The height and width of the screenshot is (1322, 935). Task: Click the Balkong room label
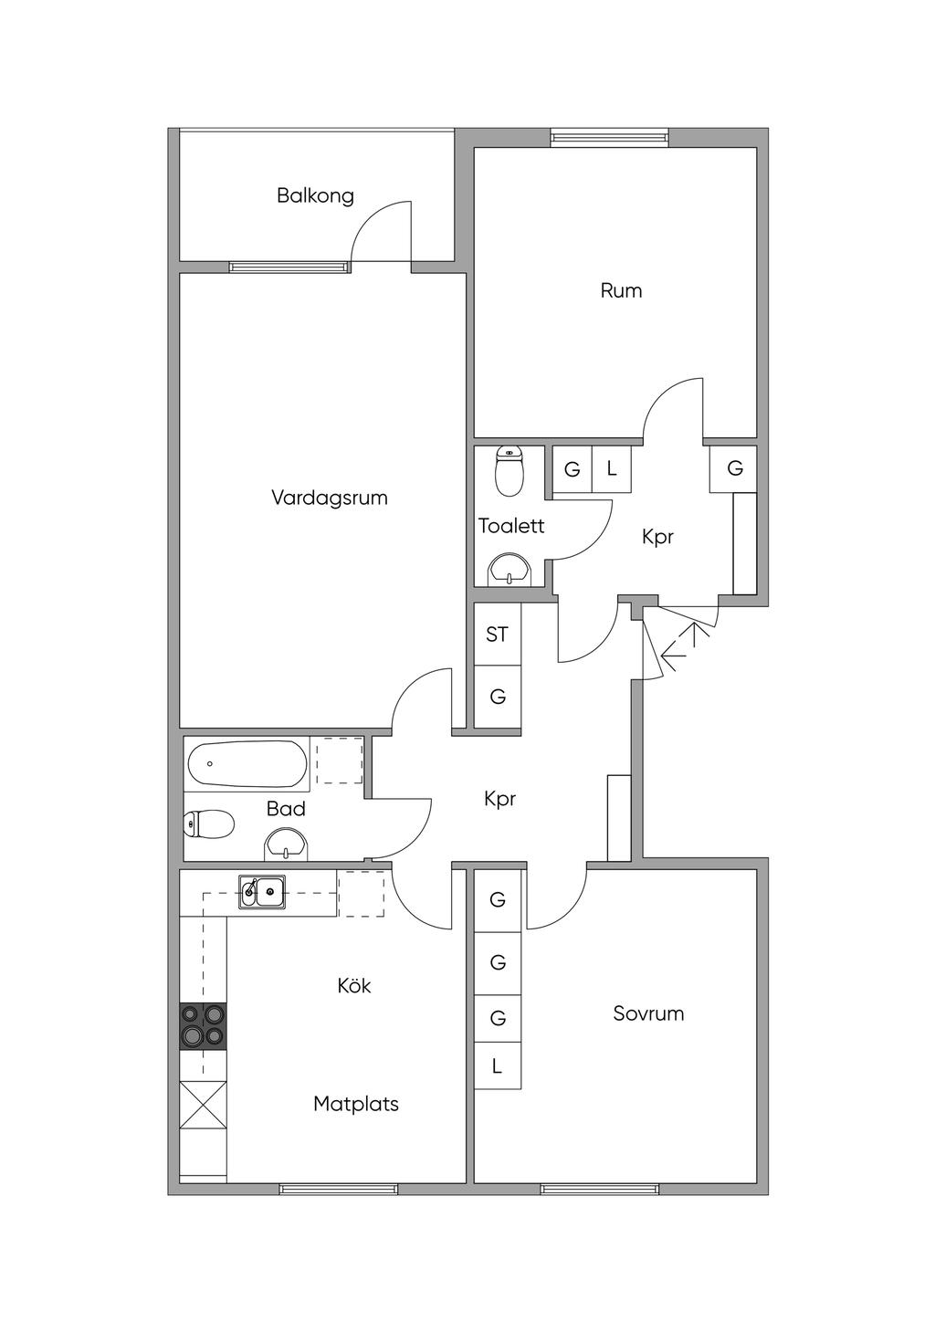pos(315,195)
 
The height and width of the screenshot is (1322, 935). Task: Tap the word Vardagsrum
pos(329,498)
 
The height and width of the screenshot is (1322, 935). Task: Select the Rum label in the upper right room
pos(621,290)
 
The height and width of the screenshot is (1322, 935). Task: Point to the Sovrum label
pos(648,1013)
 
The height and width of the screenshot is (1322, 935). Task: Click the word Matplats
pos(355,1104)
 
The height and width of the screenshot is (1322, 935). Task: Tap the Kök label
pos(354,986)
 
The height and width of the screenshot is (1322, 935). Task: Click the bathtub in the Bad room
pos(247,764)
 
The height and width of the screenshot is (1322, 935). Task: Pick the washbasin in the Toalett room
pos(510,569)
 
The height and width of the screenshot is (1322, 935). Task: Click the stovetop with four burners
pos(203,1025)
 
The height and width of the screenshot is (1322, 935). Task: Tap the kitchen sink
pos(262,891)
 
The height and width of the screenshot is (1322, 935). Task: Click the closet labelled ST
pos(497,635)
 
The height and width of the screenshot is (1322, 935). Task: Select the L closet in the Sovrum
pos(497,1065)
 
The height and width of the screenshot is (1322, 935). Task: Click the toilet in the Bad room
pos(209,824)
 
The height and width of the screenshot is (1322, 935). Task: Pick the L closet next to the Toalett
pos(612,469)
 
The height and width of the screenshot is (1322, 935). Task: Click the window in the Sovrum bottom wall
pos(600,1189)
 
